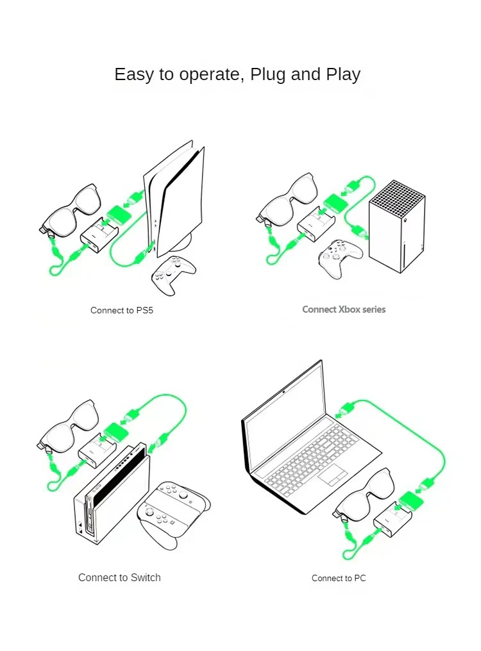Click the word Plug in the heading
click(268, 74)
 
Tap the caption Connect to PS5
click(122, 310)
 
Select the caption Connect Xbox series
click(344, 309)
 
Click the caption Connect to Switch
click(119, 577)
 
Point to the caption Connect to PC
click(339, 578)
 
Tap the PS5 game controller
click(173, 274)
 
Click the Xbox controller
click(340, 258)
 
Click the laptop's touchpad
click(333, 475)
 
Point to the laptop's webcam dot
click(283, 390)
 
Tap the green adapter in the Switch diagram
click(116, 431)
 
